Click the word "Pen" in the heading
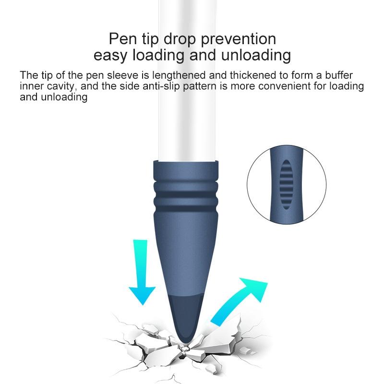tap(123, 39)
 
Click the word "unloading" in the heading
tap(256, 55)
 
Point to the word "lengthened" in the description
tap(179, 75)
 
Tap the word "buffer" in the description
tap(339, 75)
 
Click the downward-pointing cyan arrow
tap(142, 272)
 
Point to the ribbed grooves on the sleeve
tap(186, 196)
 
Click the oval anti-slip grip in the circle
tap(286, 184)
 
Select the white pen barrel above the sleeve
tap(188, 81)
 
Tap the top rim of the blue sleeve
tap(186, 162)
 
